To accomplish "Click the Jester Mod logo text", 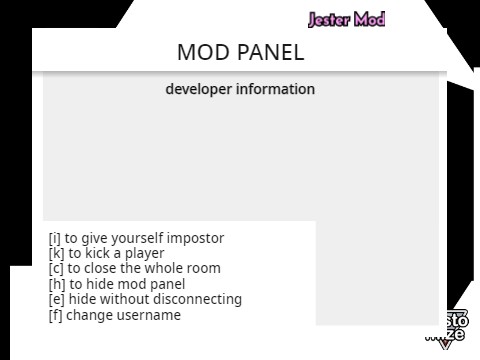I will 346,19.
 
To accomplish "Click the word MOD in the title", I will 203,52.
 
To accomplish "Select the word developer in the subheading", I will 198,89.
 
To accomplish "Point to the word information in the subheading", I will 275,89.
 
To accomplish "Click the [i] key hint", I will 54,238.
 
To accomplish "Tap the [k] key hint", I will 55,253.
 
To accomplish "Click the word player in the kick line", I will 142,253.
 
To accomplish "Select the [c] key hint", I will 55,268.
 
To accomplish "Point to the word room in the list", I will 203,268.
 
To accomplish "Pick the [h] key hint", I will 55,284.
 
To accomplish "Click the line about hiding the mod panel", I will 117,284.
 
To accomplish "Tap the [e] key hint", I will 55,299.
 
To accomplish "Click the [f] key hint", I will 54,315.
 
